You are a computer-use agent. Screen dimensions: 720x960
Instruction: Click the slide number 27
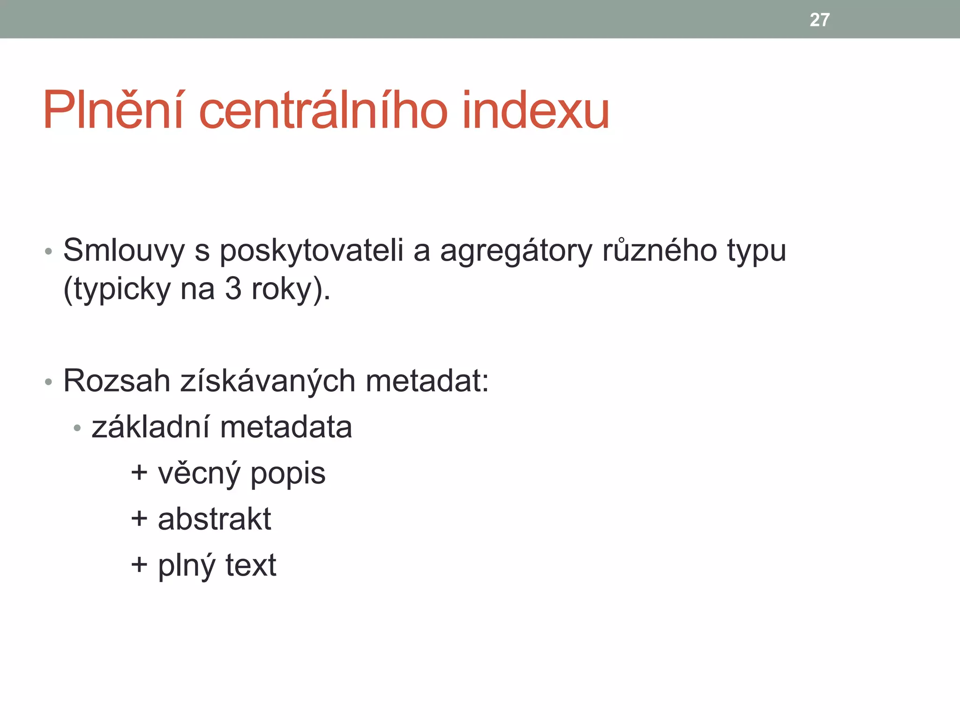coord(819,20)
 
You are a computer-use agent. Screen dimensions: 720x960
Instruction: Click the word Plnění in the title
coord(113,111)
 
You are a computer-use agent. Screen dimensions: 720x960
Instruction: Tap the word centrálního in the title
coord(323,111)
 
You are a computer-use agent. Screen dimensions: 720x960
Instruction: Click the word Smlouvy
coord(124,250)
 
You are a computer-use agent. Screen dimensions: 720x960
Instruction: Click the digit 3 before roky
coord(233,289)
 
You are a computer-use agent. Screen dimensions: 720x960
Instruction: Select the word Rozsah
coord(117,381)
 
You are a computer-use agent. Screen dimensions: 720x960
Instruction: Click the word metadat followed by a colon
coord(427,381)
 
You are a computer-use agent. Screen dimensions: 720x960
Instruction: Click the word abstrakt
coord(214,519)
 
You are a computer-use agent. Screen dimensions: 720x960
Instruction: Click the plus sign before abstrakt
coord(139,519)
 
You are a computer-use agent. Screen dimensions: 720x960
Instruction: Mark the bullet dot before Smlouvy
coord(48,252)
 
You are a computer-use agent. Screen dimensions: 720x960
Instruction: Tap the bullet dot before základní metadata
coord(77,428)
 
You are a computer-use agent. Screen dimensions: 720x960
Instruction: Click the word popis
coord(288,474)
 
